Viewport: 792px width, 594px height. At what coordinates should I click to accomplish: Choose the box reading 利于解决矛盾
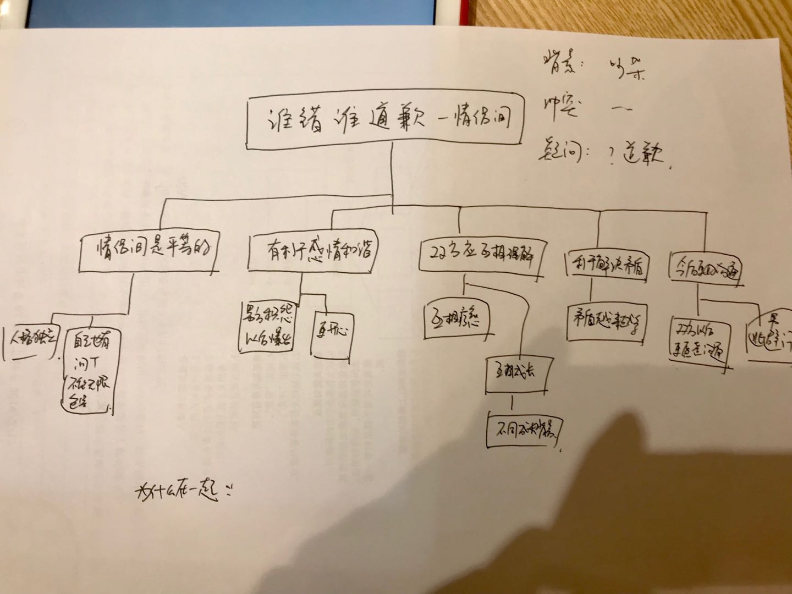(607, 266)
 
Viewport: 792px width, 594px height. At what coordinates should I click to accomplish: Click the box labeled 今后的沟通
(707, 268)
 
